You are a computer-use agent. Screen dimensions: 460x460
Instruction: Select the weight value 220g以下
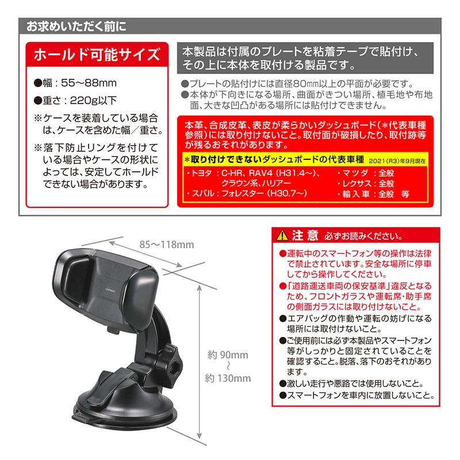[94, 99]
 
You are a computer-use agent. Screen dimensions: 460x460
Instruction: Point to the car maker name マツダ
[355, 171]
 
